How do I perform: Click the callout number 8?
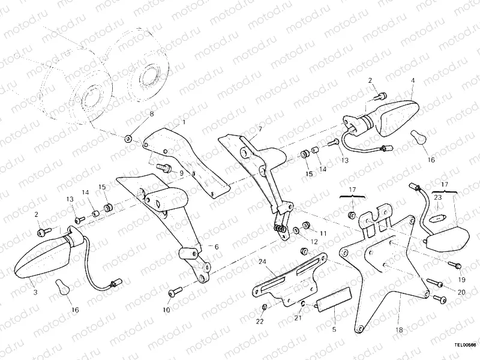151,114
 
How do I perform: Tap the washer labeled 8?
128,139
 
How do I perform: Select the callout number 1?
184,122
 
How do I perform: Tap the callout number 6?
217,246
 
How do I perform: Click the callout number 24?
262,262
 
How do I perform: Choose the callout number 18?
398,329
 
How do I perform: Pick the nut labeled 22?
265,308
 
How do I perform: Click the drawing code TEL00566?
464,345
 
